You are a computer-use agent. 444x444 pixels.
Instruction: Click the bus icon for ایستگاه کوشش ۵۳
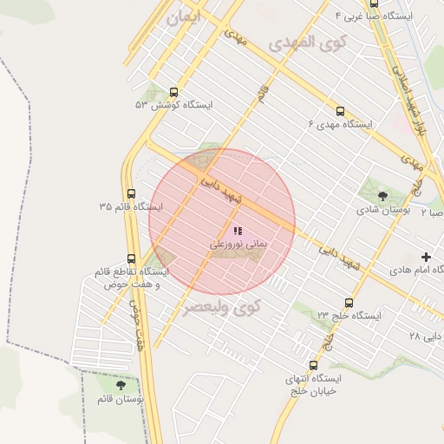(x=174, y=92)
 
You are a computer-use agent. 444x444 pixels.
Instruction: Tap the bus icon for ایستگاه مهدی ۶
(x=340, y=111)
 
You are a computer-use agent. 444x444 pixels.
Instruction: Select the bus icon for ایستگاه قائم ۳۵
(x=131, y=193)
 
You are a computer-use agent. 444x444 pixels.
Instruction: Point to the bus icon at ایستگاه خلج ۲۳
(x=349, y=303)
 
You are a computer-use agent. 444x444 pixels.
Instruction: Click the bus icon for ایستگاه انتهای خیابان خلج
(x=313, y=366)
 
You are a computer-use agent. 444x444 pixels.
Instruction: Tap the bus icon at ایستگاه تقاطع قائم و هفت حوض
(x=131, y=258)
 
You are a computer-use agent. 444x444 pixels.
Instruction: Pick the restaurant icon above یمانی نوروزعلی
(x=238, y=232)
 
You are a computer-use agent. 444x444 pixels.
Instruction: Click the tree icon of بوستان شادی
(x=383, y=196)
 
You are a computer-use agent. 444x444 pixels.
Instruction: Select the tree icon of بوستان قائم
(x=121, y=385)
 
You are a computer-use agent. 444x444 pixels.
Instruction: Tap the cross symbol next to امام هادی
(x=426, y=257)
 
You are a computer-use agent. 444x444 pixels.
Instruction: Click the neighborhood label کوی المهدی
(x=308, y=42)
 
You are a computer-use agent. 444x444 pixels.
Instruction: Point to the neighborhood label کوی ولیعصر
(x=221, y=306)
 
